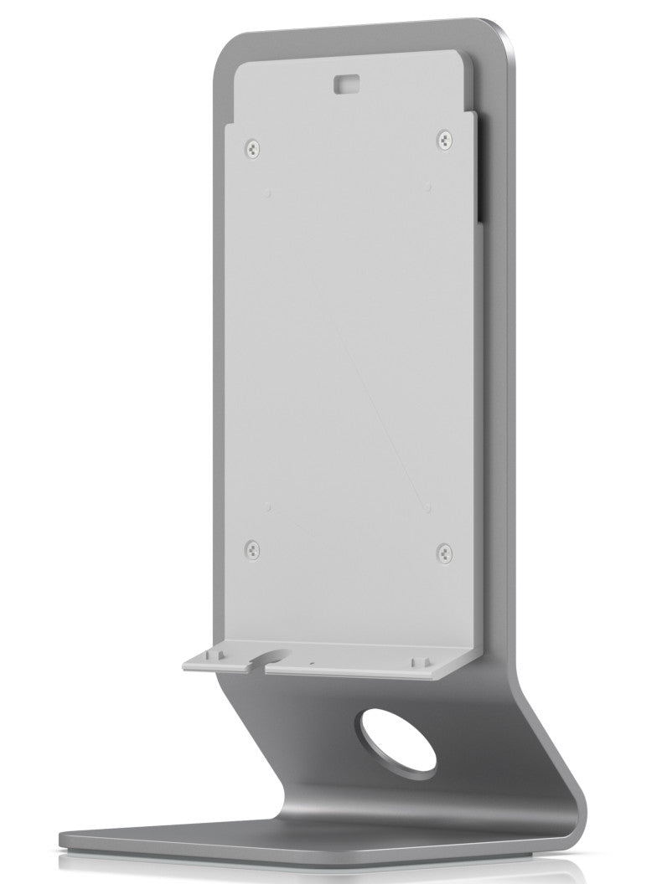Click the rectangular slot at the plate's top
click(x=345, y=82)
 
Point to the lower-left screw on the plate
click(x=251, y=550)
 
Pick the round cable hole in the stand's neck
click(x=397, y=738)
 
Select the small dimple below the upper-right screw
click(x=428, y=184)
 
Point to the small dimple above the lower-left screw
click(x=266, y=506)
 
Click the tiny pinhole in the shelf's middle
click(x=312, y=661)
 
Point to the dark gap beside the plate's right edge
click(x=478, y=167)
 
